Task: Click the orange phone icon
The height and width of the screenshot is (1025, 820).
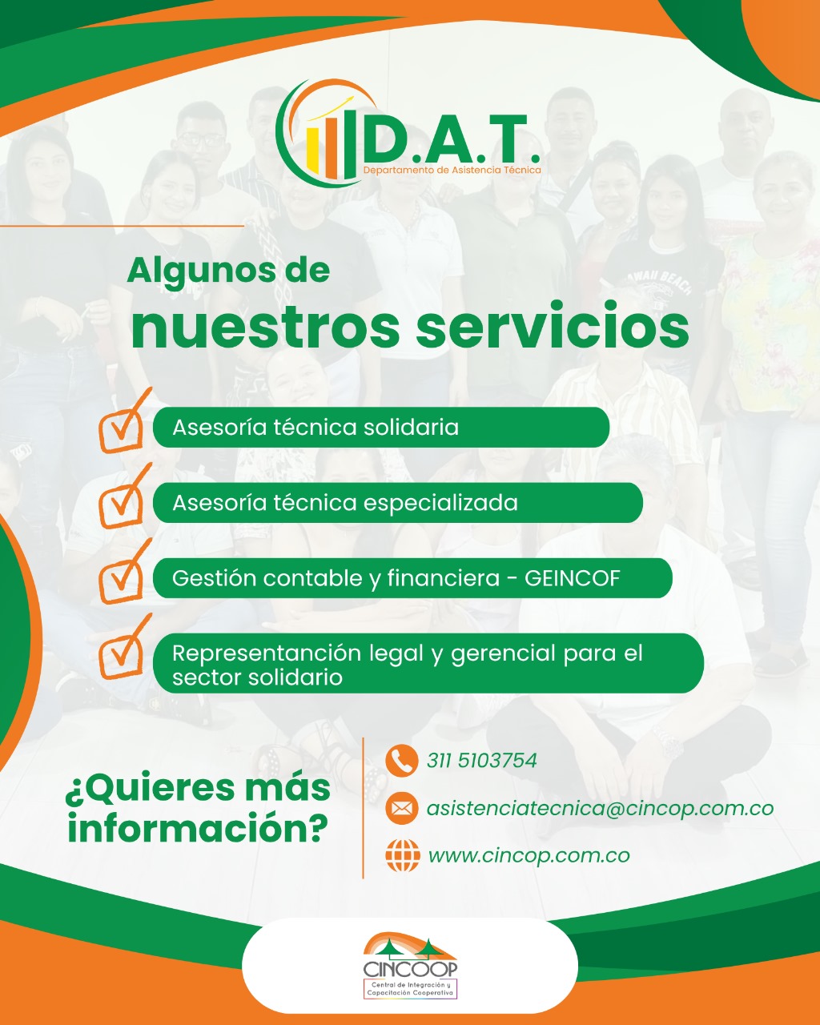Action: click(402, 760)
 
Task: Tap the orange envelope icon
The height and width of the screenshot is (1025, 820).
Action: click(402, 808)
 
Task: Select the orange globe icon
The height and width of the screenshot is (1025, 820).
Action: click(403, 856)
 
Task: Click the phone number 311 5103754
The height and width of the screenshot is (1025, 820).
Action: click(482, 761)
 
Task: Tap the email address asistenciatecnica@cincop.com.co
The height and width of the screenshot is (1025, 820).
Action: click(600, 809)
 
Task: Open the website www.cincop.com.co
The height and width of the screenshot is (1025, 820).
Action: click(529, 856)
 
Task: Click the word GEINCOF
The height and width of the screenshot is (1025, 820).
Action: click(572, 578)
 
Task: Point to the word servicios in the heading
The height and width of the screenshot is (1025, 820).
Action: click(553, 326)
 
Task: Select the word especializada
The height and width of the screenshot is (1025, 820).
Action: click(440, 504)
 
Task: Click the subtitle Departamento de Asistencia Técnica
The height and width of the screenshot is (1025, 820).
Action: click(452, 170)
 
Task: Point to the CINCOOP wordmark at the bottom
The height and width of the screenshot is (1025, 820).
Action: click(410, 969)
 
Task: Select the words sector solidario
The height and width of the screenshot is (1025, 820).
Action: click(257, 677)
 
